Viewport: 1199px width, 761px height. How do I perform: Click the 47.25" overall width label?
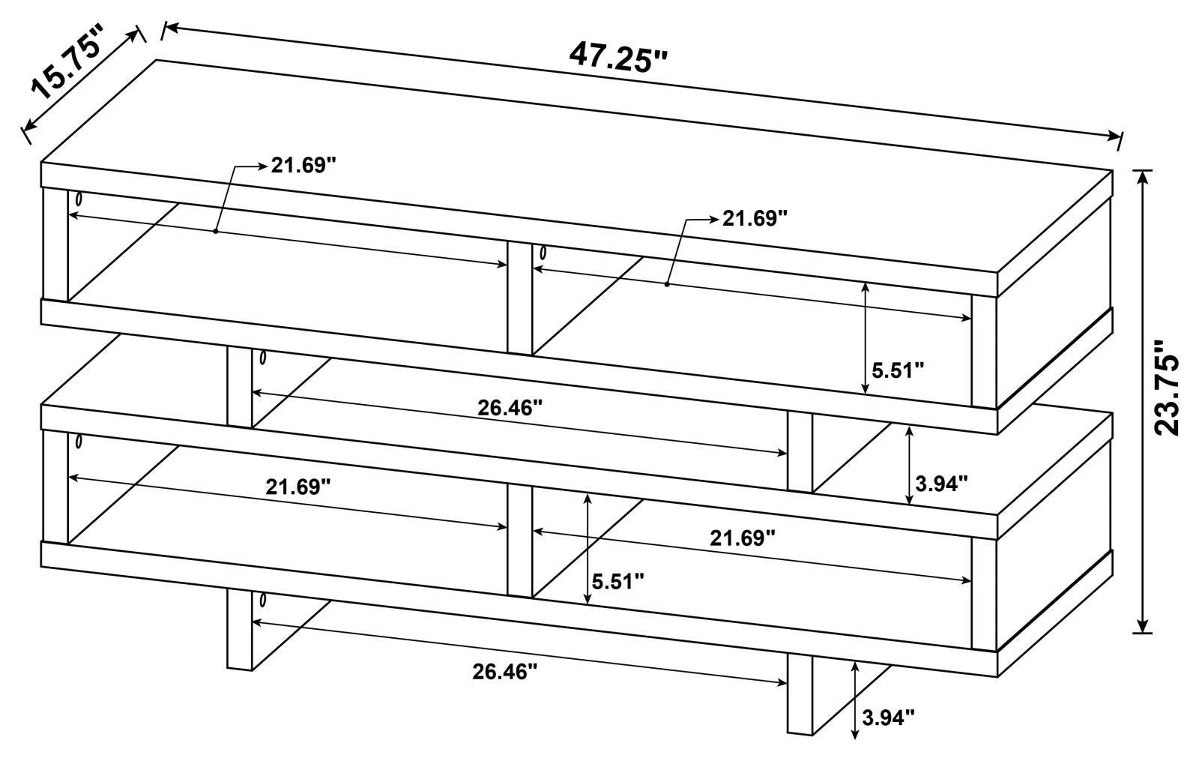pos(618,58)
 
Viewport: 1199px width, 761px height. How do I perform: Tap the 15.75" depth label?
pos(67,64)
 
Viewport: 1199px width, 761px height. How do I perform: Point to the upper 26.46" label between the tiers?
pos(510,408)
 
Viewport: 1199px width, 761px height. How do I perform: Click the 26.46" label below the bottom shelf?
pos(504,671)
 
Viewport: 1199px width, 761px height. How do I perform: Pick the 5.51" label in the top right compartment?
pos(898,370)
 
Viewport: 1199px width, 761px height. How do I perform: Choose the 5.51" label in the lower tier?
pos(617,581)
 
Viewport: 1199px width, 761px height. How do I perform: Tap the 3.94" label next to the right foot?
pos(888,718)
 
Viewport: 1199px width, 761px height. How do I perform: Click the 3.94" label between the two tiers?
pos(941,484)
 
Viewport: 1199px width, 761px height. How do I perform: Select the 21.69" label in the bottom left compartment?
pos(298,487)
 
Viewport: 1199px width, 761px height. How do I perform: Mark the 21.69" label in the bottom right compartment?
pos(743,538)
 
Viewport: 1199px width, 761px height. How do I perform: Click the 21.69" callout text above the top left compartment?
pos(303,166)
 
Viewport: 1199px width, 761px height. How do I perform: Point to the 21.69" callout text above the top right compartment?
pos(755,218)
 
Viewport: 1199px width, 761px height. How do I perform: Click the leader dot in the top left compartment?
pos(215,232)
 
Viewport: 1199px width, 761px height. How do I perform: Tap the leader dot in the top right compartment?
pos(667,284)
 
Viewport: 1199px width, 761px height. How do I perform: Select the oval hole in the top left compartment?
pos(79,199)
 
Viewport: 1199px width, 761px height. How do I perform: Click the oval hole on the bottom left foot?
pos(262,601)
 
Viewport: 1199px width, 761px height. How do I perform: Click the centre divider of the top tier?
pos(520,298)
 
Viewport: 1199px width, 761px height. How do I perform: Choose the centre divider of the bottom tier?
pos(520,541)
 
